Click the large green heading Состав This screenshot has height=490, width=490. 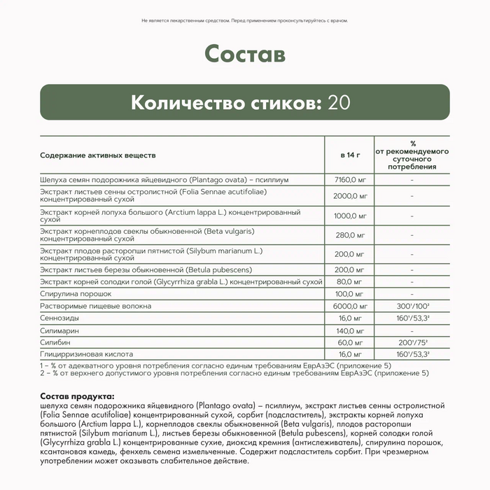pyautogui.click(x=245, y=54)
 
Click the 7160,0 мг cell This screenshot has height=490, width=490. pyautogui.click(x=349, y=180)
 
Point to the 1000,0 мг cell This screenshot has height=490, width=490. pyautogui.click(x=349, y=216)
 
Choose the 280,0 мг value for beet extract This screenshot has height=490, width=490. pyautogui.click(x=349, y=235)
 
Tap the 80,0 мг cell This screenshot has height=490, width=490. pyautogui.click(x=349, y=281)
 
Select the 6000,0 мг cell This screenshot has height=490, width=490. pyautogui.click(x=349, y=306)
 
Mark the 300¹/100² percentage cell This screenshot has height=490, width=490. pyautogui.click(x=412, y=306)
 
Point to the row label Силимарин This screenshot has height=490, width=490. pyautogui.click(x=59, y=330)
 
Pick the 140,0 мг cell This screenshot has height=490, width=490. pyautogui.click(x=349, y=330)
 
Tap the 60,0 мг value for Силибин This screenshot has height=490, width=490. pyautogui.click(x=349, y=342)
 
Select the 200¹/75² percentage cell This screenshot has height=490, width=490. pyautogui.click(x=412, y=342)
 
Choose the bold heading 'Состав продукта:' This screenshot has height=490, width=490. pyautogui.click(x=74, y=397)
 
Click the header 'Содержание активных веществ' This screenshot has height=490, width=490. pyautogui.click(x=98, y=154)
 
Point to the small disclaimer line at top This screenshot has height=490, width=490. pyautogui.click(x=245, y=22)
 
